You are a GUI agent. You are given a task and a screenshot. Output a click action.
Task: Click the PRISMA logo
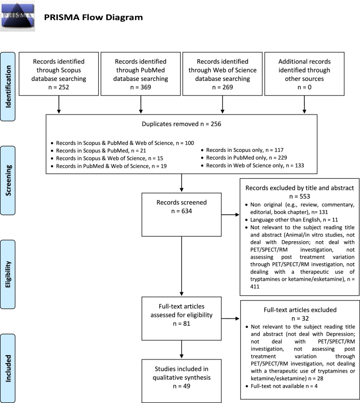18,15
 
